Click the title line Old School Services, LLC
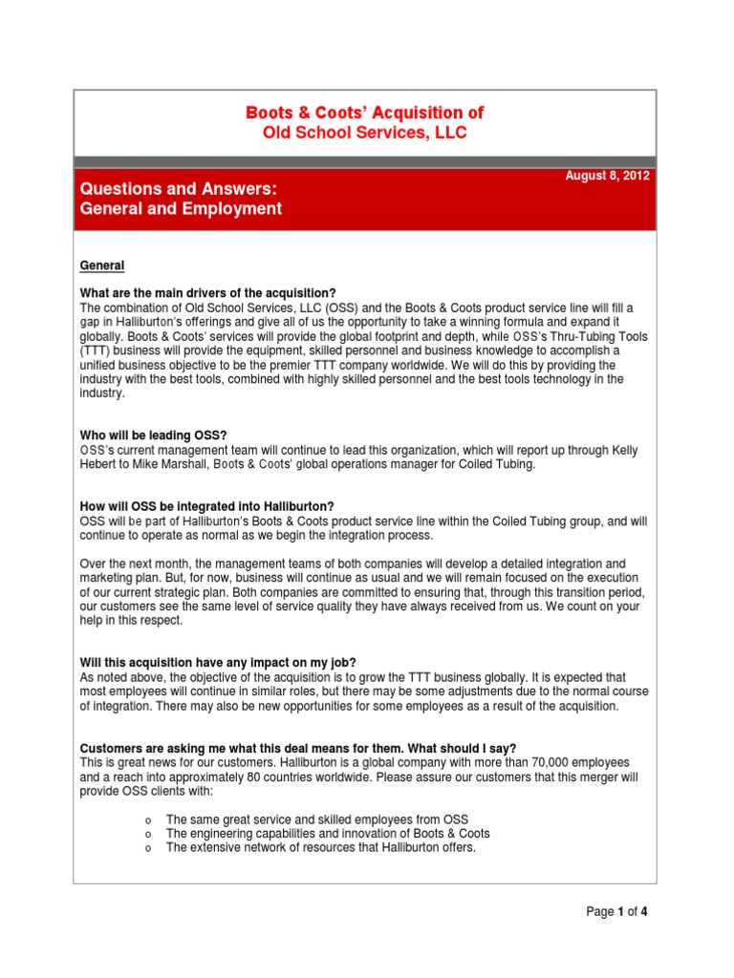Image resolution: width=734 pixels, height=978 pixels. (x=365, y=133)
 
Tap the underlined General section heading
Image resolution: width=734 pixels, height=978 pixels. (x=102, y=265)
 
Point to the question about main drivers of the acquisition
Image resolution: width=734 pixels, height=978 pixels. (x=208, y=292)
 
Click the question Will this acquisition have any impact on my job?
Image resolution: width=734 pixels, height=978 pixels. (x=219, y=663)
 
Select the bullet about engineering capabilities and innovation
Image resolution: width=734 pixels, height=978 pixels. (x=328, y=833)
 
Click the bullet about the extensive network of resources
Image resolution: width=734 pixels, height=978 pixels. (x=320, y=847)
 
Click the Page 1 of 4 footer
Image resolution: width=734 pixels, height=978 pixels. (x=616, y=911)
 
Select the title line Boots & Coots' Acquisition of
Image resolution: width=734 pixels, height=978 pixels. (x=365, y=112)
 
